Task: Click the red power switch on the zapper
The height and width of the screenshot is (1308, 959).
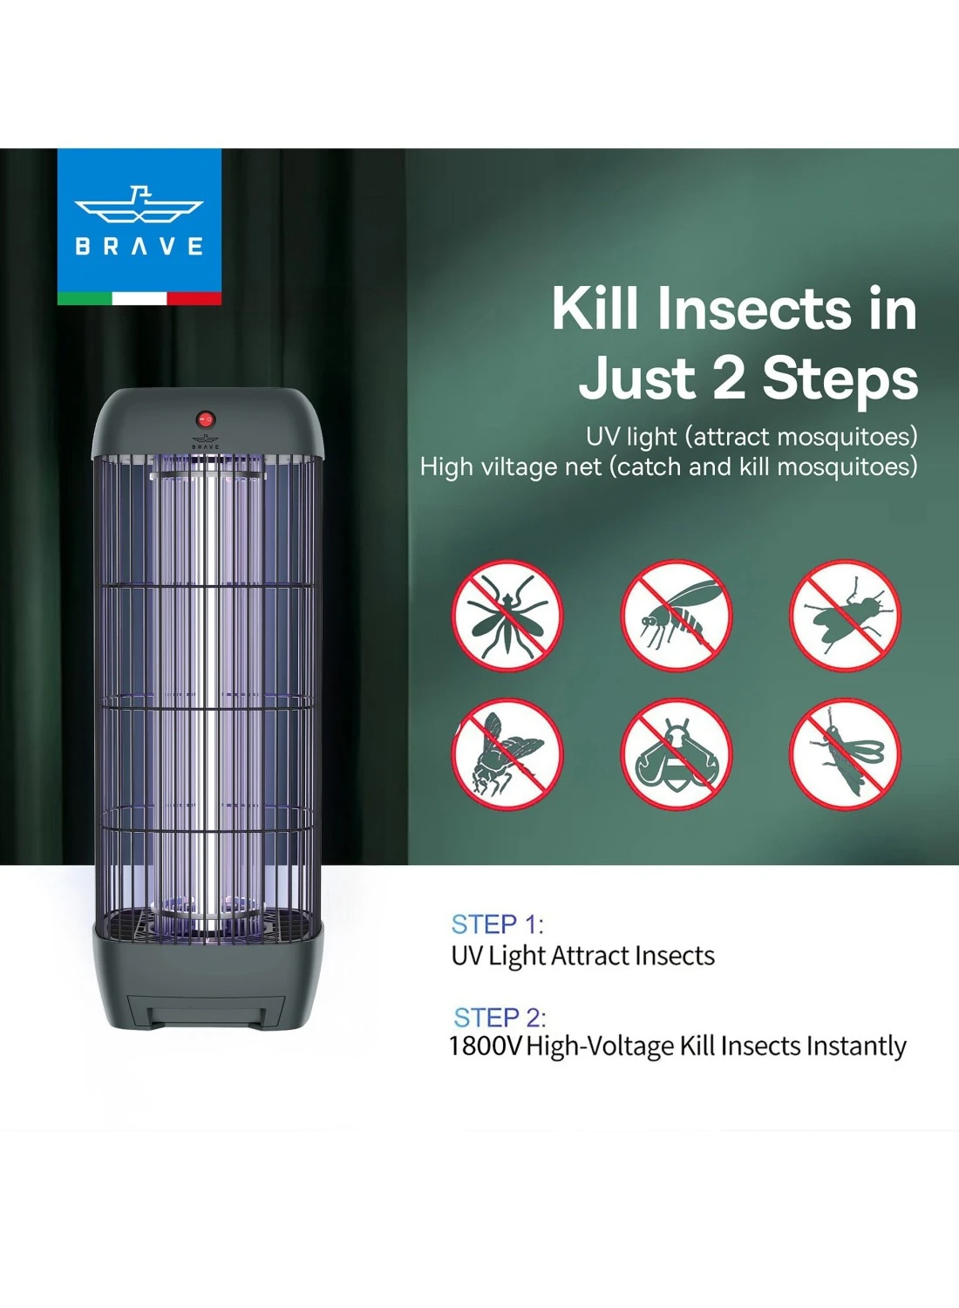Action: (206, 419)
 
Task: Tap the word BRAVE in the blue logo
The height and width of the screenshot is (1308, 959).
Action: (139, 246)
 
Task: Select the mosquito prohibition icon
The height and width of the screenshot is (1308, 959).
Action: (507, 616)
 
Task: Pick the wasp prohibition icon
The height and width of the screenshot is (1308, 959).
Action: (676, 616)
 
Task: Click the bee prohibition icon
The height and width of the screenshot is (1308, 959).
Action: (676, 754)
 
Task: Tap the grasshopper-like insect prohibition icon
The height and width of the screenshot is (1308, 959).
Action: (845, 754)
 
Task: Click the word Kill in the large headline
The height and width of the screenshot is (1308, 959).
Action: (595, 309)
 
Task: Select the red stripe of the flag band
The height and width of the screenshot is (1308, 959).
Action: (194, 298)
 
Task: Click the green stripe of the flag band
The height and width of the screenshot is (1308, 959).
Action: (84, 298)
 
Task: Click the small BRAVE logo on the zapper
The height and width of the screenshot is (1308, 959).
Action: (206, 442)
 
